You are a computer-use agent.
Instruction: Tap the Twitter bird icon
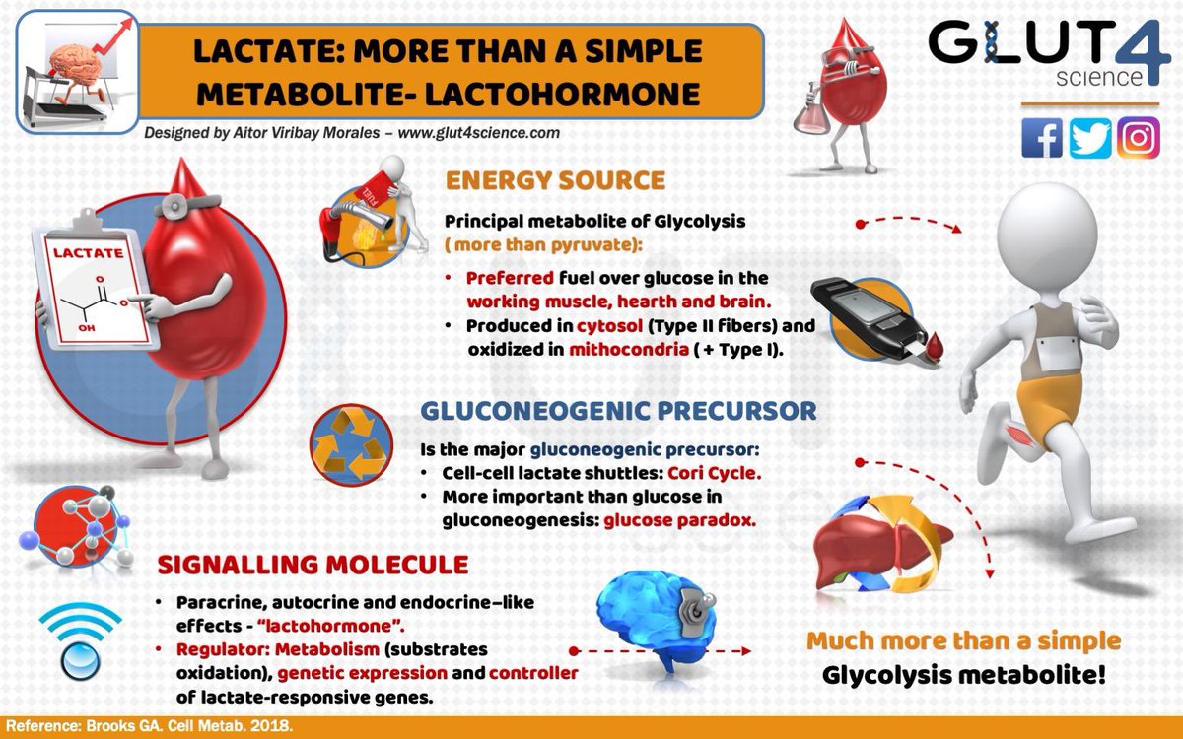[1090, 137]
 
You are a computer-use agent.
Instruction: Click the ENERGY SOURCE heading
[555, 180]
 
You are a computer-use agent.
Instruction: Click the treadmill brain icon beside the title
[74, 64]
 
